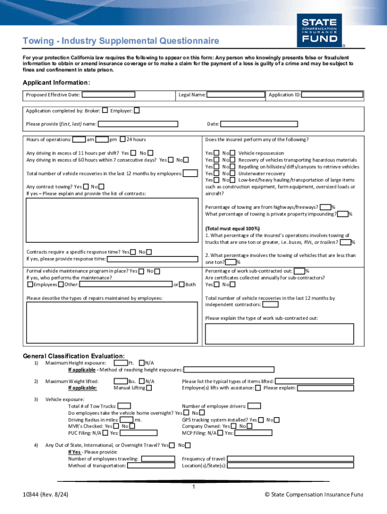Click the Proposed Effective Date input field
108,94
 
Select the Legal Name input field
236,94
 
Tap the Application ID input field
332,94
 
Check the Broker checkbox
105,110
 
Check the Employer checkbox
137,110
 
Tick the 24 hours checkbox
123,140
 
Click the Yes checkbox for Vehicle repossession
216,153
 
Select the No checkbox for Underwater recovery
233,173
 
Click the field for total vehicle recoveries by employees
190,174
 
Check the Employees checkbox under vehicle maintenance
30,285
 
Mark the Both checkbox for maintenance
182,285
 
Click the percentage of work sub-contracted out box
299,271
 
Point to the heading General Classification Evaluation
74,355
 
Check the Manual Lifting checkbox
149,388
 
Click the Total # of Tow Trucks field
124,406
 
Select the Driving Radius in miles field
127,420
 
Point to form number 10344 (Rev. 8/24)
45,495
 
